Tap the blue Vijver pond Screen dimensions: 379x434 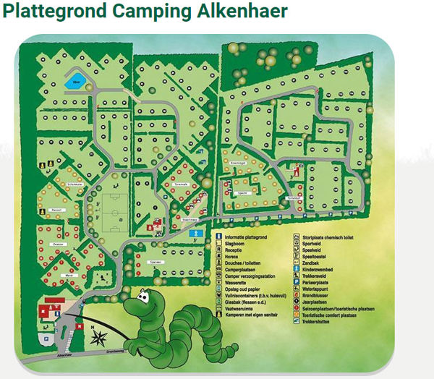[75, 76]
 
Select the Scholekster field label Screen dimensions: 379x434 [56, 185]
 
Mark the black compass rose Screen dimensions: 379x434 [99, 336]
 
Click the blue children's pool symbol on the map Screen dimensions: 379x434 [193, 234]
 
